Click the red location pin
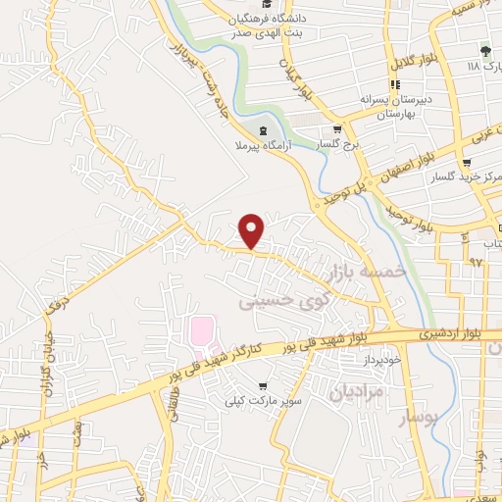[253, 229]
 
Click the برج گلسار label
[336, 144]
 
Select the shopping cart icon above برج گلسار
[337, 128]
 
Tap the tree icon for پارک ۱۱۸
[484, 51]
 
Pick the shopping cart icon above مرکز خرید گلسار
[477, 164]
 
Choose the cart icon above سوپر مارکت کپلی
[262, 386]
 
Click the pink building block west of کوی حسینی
[201, 331]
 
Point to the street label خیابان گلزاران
[45, 363]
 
